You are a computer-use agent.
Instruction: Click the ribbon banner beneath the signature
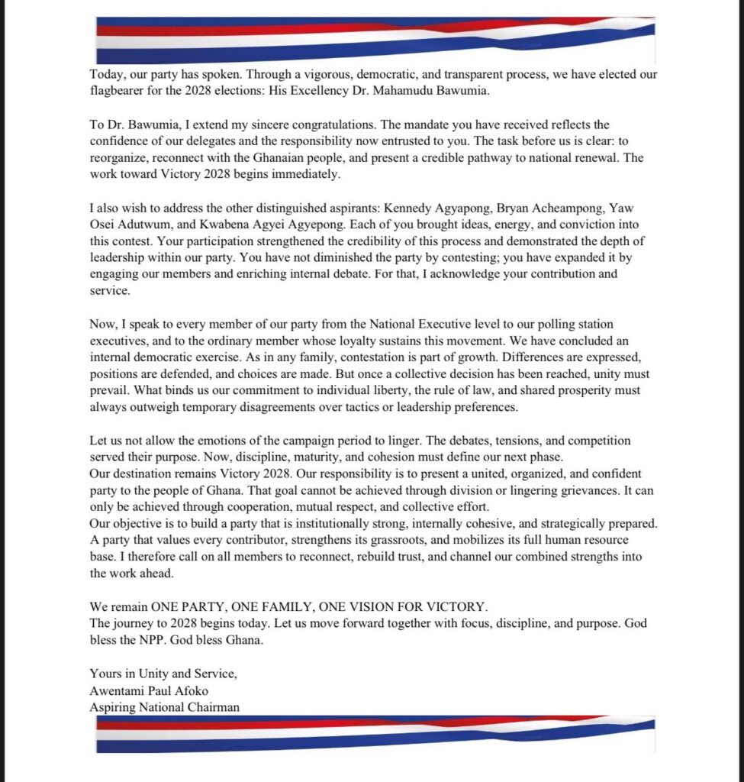pyautogui.click(x=375, y=733)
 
